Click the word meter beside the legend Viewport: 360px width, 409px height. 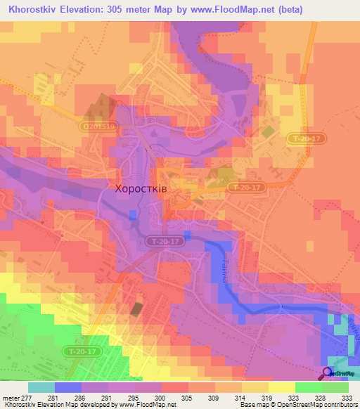coord(13,397)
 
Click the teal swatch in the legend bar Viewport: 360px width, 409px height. coord(41,387)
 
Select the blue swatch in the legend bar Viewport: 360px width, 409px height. coord(67,387)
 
